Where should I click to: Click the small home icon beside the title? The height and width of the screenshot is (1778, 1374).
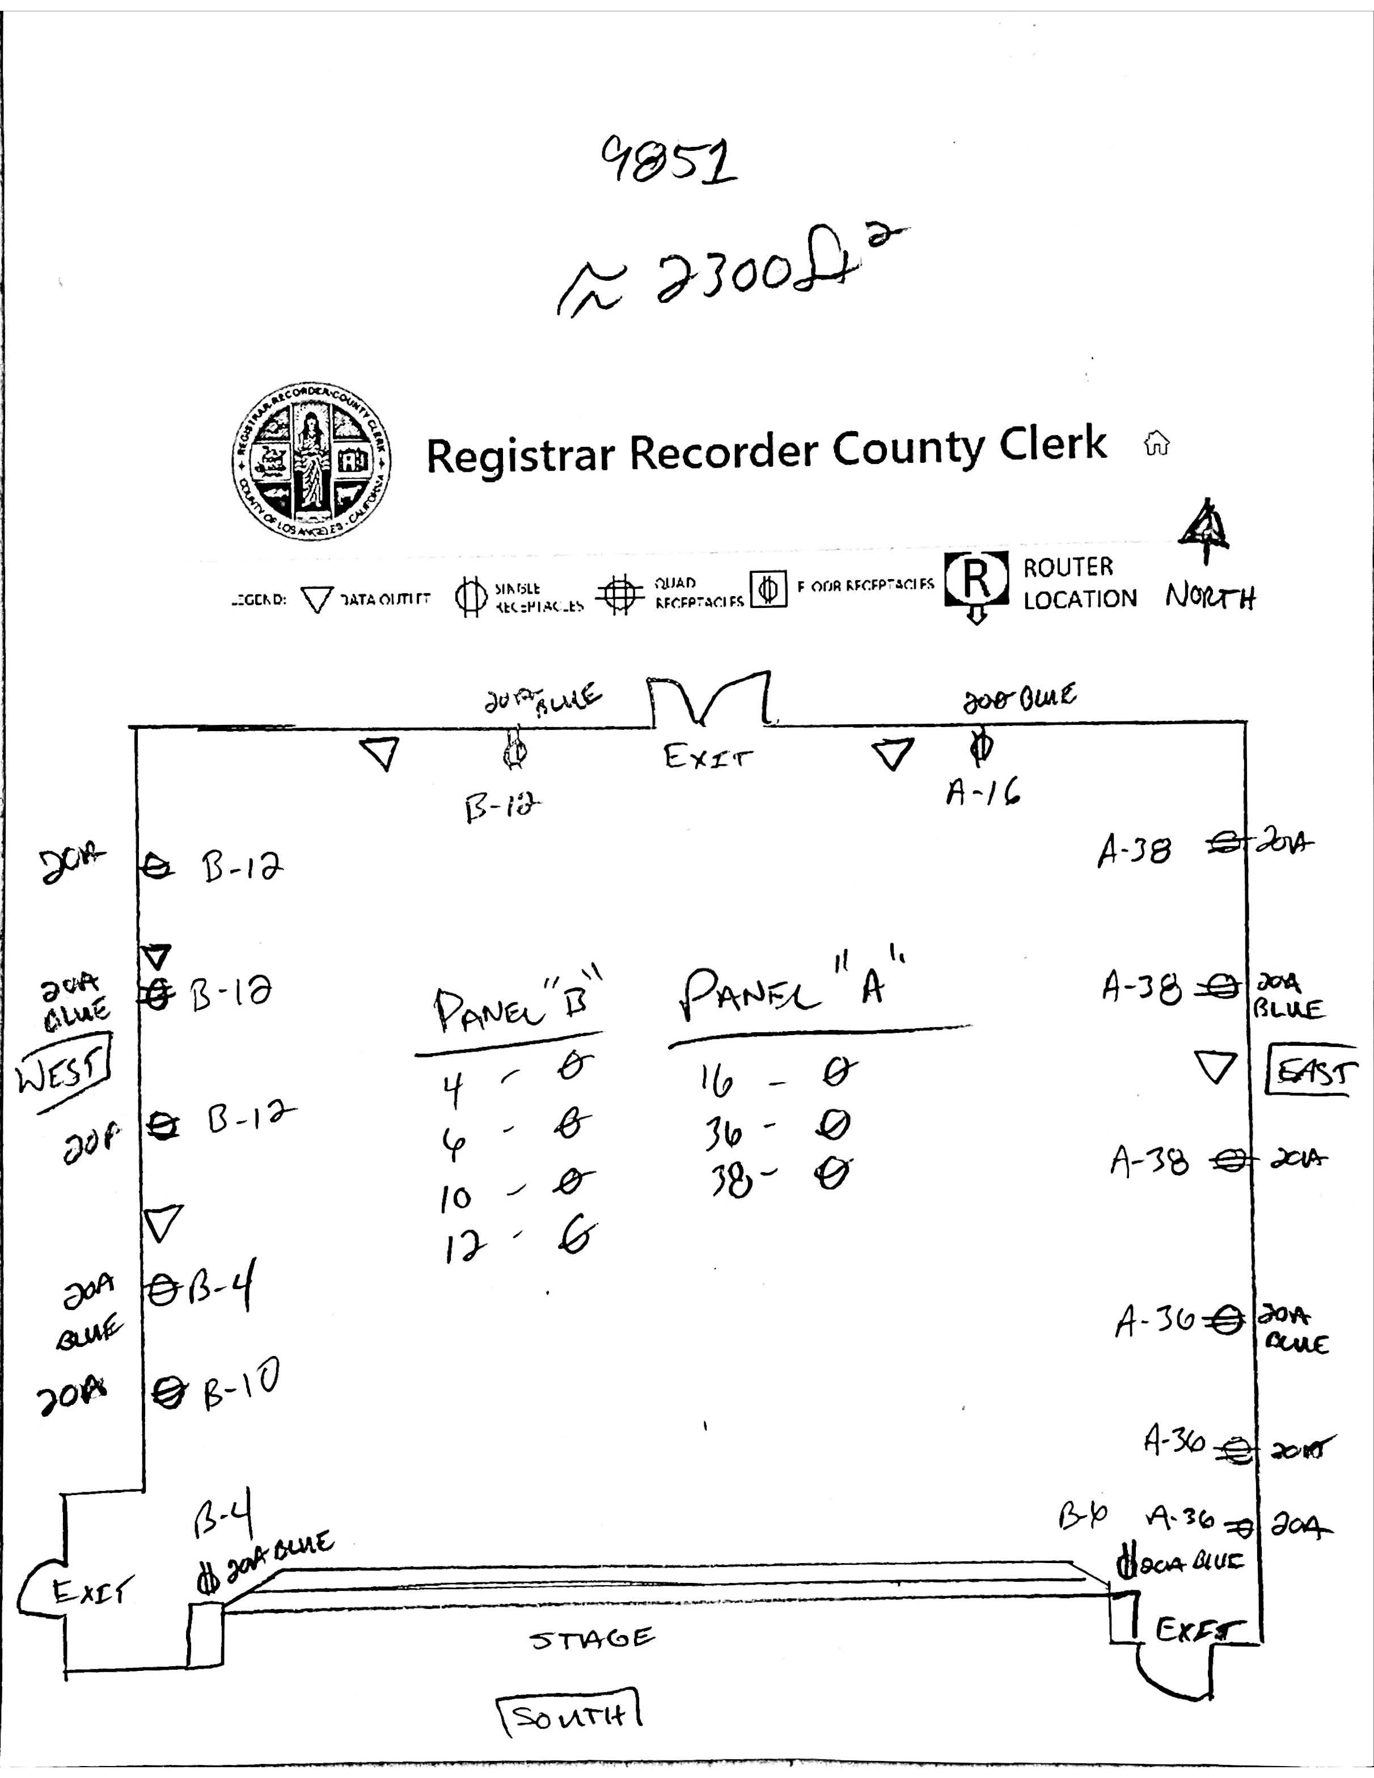(x=1157, y=444)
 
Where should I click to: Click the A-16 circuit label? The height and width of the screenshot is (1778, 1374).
(x=983, y=789)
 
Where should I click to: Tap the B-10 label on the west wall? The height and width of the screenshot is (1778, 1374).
(x=242, y=1398)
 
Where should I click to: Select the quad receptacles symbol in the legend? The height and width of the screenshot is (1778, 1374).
(x=620, y=595)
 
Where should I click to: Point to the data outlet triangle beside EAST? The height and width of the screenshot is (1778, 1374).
(x=1215, y=1066)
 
